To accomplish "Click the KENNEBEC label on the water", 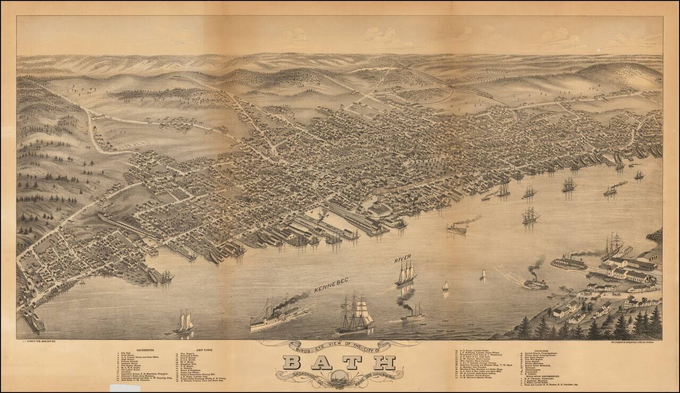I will pyautogui.click(x=330, y=287).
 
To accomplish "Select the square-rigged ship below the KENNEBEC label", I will pyautogui.click(x=354, y=314).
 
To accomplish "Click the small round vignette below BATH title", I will pyautogui.click(x=339, y=379).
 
